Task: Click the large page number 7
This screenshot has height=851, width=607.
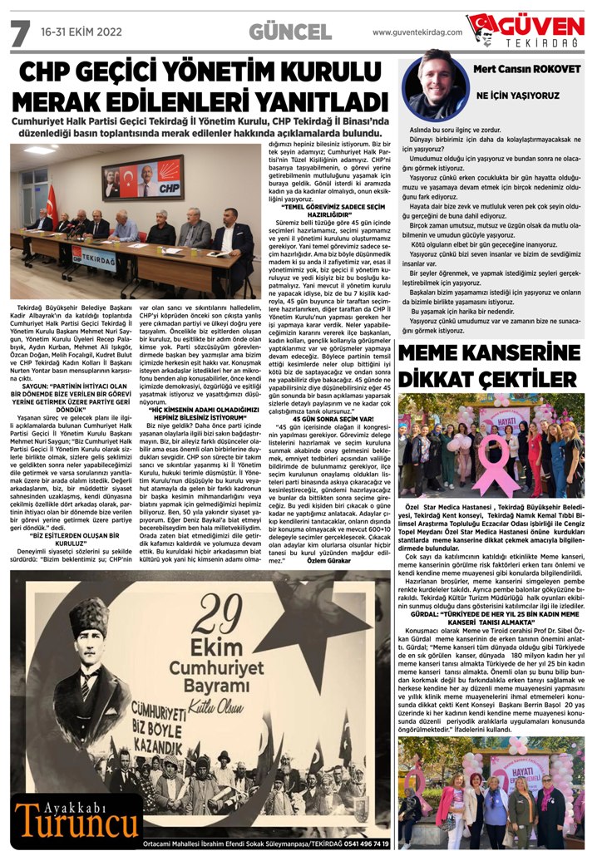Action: (19, 32)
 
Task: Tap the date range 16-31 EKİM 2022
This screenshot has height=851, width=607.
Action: (81, 32)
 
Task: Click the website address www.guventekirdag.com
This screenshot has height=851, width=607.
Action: (417, 32)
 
